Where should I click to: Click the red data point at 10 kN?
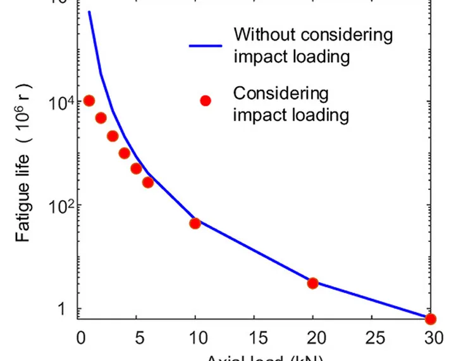click(x=195, y=223)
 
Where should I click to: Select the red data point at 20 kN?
click(x=312, y=282)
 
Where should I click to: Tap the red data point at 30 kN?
click(x=431, y=319)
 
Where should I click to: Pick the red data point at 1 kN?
click(x=89, y=101)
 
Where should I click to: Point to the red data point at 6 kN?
click(x=148, y=182)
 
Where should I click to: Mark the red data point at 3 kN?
click(x=113, y=136)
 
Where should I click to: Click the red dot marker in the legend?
click(x=205, y=101)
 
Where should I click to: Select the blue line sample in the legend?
click(x=205, y=46)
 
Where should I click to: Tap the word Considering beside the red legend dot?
click(x=281, y=94)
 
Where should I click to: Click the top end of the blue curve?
click(x=89, y=11)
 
